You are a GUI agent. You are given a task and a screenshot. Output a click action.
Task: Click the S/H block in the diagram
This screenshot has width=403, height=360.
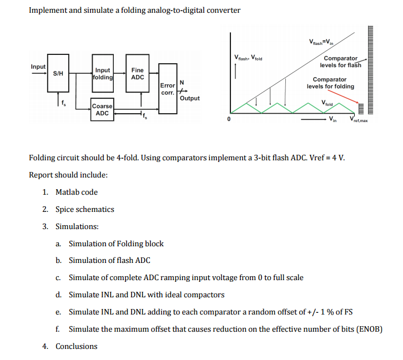[x=58, y=73]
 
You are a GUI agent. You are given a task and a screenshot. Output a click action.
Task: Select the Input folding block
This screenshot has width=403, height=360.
[x=103, y=74]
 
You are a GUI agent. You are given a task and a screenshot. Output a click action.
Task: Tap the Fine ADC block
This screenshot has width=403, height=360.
[x=137, y=73]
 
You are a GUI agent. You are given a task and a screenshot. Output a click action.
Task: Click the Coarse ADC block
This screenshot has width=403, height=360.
[x=102, y=109]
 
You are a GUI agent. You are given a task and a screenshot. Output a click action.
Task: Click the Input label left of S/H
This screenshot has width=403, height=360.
[x=38, y=67]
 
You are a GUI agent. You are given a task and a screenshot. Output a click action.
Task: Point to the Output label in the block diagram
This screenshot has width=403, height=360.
[x=190, y=98]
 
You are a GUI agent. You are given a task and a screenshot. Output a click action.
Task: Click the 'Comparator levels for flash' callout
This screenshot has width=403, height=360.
[x=340, y=62]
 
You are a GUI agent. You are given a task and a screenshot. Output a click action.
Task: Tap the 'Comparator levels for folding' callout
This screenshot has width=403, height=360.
[x=330, y=83]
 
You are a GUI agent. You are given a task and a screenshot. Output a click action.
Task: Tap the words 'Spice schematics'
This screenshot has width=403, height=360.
[x=85, y=209]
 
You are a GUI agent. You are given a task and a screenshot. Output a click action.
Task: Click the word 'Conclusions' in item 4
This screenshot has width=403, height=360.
[x=77, y=346]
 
